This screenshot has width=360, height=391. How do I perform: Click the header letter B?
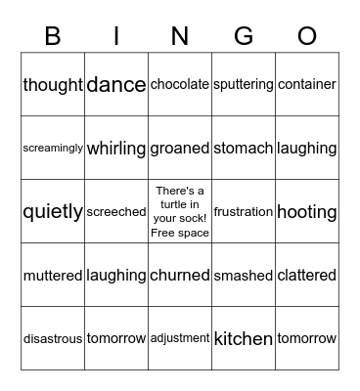(53, 36)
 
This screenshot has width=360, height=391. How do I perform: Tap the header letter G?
(244, 36)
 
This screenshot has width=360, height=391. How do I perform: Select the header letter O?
(307, 36)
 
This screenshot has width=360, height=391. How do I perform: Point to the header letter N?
(180, 36)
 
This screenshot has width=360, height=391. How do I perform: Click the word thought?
(53, 85)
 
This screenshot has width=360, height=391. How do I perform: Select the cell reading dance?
(116, 85)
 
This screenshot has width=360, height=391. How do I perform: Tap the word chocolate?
(180, 85)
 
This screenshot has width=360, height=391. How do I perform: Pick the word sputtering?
(244, 85)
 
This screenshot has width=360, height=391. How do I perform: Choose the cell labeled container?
(307, 85)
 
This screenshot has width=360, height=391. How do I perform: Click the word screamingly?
(53, 149)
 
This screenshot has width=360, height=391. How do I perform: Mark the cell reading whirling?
(116, 149)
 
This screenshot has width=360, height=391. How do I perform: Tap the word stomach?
(244, 149)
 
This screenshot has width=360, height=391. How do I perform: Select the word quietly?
(53, 212)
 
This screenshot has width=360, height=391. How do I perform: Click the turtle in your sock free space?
(180, 211)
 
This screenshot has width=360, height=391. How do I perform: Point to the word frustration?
(244, 212)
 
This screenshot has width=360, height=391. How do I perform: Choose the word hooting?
(307, 212)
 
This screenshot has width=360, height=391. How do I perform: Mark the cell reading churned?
(180, 276)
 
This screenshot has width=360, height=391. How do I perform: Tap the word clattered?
(307, 276)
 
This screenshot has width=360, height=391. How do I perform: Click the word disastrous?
(53, 339)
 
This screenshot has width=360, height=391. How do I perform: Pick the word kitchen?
(244, 339)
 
